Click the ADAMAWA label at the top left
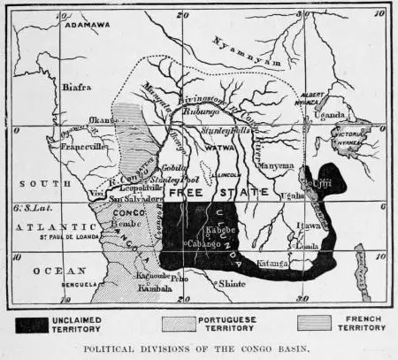(x=86, y=26)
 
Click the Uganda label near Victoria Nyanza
(x=332, y=115)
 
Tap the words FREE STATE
(x=196, y=192)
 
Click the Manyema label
(x=277, y=165)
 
